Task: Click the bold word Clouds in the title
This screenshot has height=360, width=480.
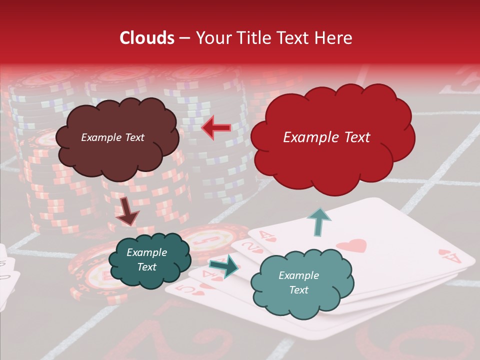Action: click(x=147, y=38)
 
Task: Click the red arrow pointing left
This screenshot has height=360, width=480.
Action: click(x=216, y=127)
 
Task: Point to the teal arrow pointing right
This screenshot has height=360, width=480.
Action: click(x=224, y=266)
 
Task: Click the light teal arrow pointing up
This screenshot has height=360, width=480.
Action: click(x=318, y=221)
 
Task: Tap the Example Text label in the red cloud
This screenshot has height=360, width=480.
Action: click(x=326, y=137)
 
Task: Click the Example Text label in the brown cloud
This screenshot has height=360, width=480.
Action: click(x=112, y=137)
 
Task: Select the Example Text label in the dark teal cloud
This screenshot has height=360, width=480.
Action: click(x=147, y=260)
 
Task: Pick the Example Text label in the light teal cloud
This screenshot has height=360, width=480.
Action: click(x=298, y=282)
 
